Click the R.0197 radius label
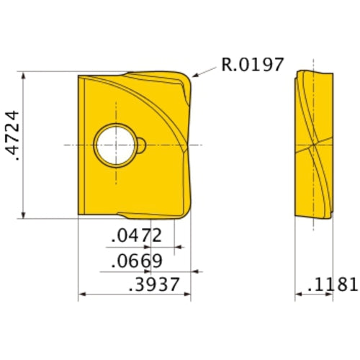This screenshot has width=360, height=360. click(253, 66)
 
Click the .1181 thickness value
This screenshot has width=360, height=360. click(332, 284)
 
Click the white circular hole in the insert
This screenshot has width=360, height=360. click(115, 145)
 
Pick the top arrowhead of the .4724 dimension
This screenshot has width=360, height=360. click(26, 75)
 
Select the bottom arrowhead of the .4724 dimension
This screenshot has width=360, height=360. click(26, 214)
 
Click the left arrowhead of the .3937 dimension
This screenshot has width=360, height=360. click(81, 295)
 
